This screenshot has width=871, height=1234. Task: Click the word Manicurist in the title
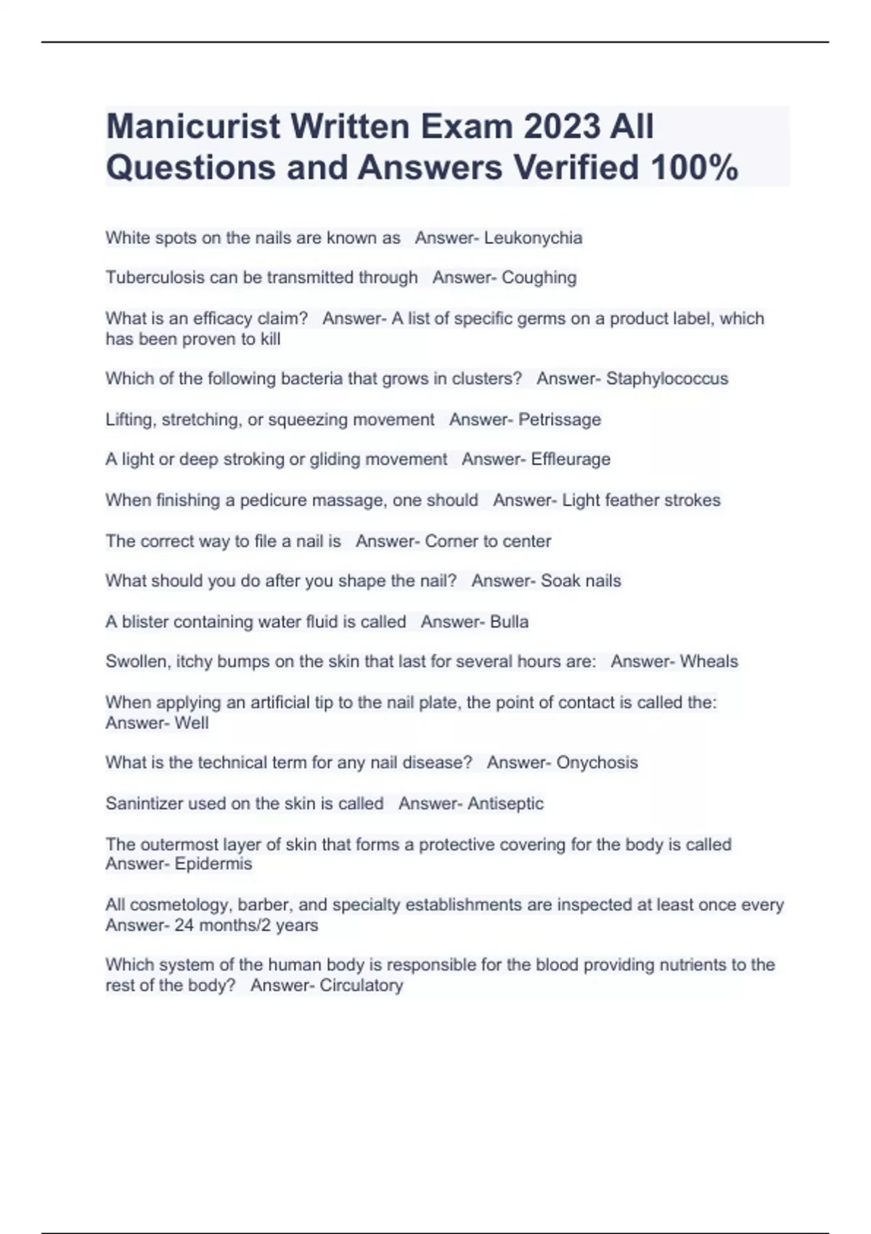click(x=192, y=126)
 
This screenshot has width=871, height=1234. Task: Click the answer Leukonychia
click(x=533, y=238)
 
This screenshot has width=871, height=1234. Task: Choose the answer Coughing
click(x=539, y=278)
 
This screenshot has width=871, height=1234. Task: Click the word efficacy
click(x=223, y=319)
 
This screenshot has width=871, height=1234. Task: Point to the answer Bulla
click(x=509, y=622)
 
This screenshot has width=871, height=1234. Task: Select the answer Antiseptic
click(x=505, y=804)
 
